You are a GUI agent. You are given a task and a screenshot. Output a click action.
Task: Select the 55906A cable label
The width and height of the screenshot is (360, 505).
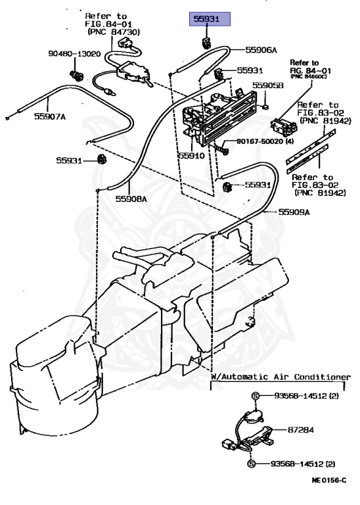click(261, 49)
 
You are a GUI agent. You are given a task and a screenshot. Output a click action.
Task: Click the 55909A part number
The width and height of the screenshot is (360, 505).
click(294, 212)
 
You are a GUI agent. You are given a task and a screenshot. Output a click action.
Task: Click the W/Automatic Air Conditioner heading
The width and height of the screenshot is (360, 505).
click(281, 377)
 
